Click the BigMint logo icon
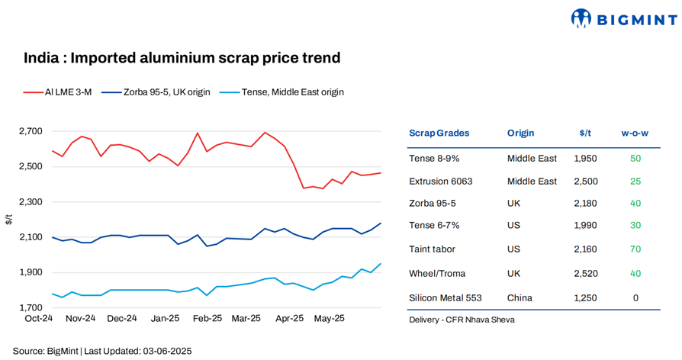581,18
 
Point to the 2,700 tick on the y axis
31,131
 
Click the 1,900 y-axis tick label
31,272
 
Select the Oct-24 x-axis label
39,318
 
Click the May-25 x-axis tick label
329,318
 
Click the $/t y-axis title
8,220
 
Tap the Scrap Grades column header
439,133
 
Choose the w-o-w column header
635,133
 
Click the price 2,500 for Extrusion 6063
585,182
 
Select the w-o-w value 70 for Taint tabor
635,249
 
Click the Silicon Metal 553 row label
446,297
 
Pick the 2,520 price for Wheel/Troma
585,273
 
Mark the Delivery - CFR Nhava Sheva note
462,320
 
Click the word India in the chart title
38,58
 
